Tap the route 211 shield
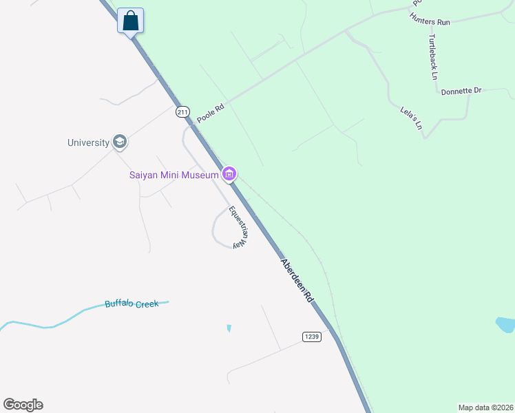(x=182, y=112)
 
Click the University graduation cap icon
(x=120, y=142)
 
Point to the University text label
(x=88, y=143)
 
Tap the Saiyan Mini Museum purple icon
(x=230, y=174)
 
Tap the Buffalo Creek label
(x=132, y=304)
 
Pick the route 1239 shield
(x=311, y=336)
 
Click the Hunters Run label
(x=429, y=22)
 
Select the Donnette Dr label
(x=461, y=91)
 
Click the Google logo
(x=23, y=404)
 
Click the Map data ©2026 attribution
(x=485, y=407)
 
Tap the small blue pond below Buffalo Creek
(x=229, y=328)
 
